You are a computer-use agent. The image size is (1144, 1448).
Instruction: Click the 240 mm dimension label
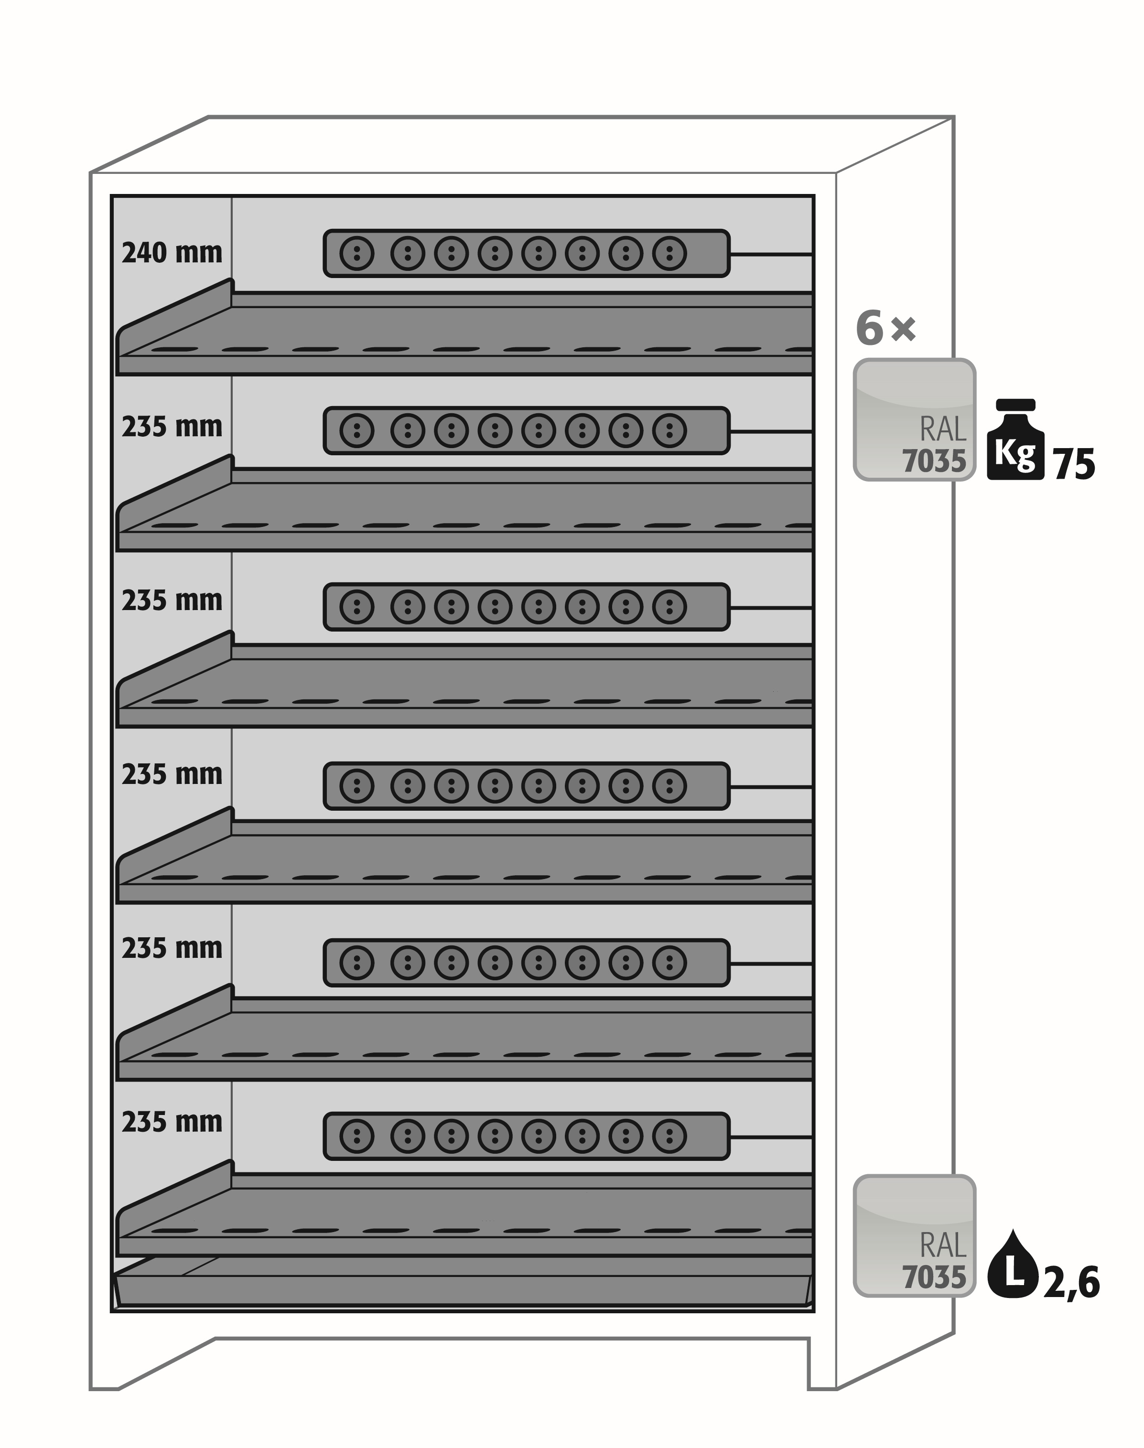[172, 253]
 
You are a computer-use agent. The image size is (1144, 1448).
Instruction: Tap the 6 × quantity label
[885, 329]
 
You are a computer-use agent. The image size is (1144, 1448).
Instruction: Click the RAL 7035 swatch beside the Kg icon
[914, 420]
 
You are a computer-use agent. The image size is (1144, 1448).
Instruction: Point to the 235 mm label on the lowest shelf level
[172, 1122]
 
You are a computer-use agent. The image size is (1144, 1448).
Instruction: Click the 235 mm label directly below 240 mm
[172, 427]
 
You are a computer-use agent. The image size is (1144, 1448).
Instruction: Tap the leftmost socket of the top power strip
[356, 254]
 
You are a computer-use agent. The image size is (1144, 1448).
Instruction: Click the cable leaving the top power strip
[770, 254]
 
